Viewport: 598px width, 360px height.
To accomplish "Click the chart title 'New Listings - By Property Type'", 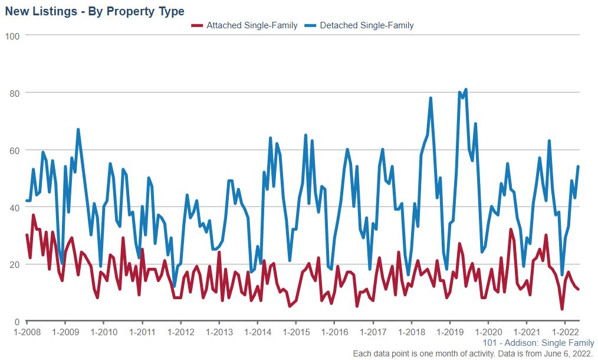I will [94, 11].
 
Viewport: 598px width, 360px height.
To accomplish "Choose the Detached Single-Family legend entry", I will [366, 25].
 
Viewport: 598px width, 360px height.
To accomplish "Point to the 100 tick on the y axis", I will [12, 36].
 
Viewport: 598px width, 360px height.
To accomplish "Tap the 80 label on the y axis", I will [15, 93].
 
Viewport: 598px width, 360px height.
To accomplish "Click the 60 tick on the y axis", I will [15, 150].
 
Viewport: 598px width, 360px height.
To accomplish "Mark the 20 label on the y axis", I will [15, 264].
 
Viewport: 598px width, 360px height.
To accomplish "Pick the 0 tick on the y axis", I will [17, 322].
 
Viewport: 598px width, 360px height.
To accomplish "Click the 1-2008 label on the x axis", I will [27, 332].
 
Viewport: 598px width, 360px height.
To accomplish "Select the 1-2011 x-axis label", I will [142, 332].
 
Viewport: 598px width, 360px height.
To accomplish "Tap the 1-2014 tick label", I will [258, 332].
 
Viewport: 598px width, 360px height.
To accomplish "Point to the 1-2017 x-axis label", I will [373, 332].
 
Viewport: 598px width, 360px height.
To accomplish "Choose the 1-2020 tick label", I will [488, 332].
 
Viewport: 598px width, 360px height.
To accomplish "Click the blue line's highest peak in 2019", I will [466, 90].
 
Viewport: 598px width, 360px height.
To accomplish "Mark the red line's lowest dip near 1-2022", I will [562, 309].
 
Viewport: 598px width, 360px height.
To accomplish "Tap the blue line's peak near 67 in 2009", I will [78, 129].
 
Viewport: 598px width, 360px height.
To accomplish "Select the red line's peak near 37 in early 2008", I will [33, 215].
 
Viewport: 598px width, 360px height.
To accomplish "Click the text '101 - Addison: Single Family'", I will [538, 343].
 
